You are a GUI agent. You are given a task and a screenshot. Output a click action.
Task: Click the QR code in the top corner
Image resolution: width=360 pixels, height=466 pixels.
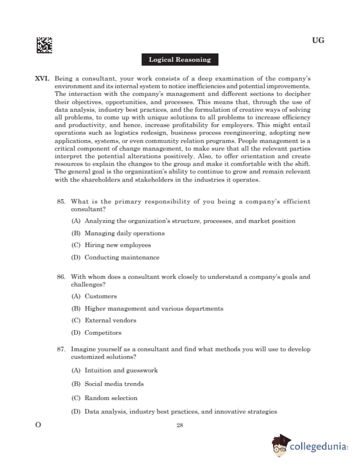pyautogui.click(x=44, y=45)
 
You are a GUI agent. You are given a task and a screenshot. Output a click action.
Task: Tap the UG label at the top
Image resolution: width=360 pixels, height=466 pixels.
pyautogui.click(x=318, y=41)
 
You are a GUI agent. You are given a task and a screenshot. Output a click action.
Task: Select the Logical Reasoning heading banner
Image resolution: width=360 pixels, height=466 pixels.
pyautogui.click(x=179, y=60)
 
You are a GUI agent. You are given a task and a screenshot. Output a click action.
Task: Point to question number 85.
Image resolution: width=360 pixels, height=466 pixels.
pyautogui.click(x=61, y=202)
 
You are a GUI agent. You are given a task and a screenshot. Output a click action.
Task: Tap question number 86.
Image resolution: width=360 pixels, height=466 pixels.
pyautogui.click(x=61, y=277)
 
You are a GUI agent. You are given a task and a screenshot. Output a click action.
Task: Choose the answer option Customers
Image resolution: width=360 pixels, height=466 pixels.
pyautogui.click(x=101, y=297)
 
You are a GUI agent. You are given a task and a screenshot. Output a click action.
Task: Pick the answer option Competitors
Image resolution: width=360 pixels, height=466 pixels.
pyautogui.click(x=103, y=333)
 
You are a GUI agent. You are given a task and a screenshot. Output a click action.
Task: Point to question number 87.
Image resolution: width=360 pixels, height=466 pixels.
pyautogui.click(x=61, y=349)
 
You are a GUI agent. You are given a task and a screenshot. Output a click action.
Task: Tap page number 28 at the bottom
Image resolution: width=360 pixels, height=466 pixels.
pyautogui.click(x=180, y=425)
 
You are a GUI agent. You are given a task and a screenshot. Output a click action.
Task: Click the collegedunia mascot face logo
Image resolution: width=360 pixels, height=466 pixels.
pyautogui.click(x=281, y=447)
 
